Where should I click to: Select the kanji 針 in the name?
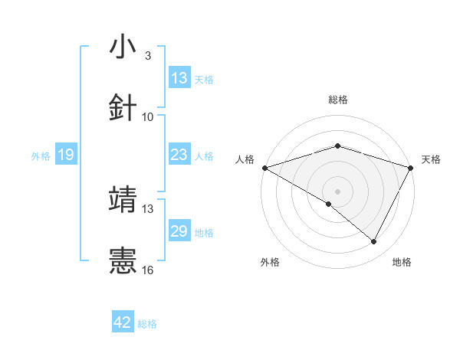coord(123,107)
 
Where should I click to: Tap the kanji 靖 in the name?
coord(123,199)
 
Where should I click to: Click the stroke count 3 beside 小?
coord(147,56)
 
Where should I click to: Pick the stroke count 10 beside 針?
coord(148,117)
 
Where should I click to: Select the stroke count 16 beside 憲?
coord(148,270)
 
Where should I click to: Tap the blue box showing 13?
coord(179,78)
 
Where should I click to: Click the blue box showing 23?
coord(179,155)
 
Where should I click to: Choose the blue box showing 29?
coord(179,231)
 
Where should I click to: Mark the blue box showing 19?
coord(66,155)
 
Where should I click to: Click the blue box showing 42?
coord(123,322)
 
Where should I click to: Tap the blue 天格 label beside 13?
coord(203,79)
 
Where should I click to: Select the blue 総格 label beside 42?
coord(147,323)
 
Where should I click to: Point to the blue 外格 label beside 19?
coord(41,155)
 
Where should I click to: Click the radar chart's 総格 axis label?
coord(338,100)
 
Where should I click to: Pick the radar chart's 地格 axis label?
coord(402,262)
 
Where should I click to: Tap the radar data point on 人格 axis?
coord(264,168)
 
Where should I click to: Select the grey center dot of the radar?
coord(338,191)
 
